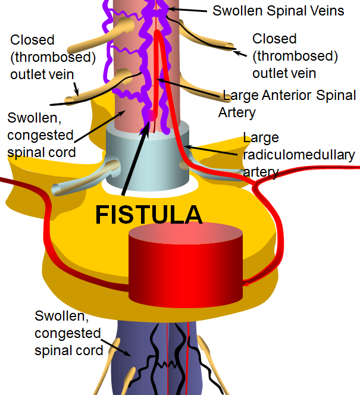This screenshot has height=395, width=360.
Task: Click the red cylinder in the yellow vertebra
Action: pos(186,265)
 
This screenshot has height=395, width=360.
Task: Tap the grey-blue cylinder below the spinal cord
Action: pos(148,156)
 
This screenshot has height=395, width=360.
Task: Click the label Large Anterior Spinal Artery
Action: pos(288,103)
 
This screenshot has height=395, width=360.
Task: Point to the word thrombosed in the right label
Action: pos(295,56)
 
